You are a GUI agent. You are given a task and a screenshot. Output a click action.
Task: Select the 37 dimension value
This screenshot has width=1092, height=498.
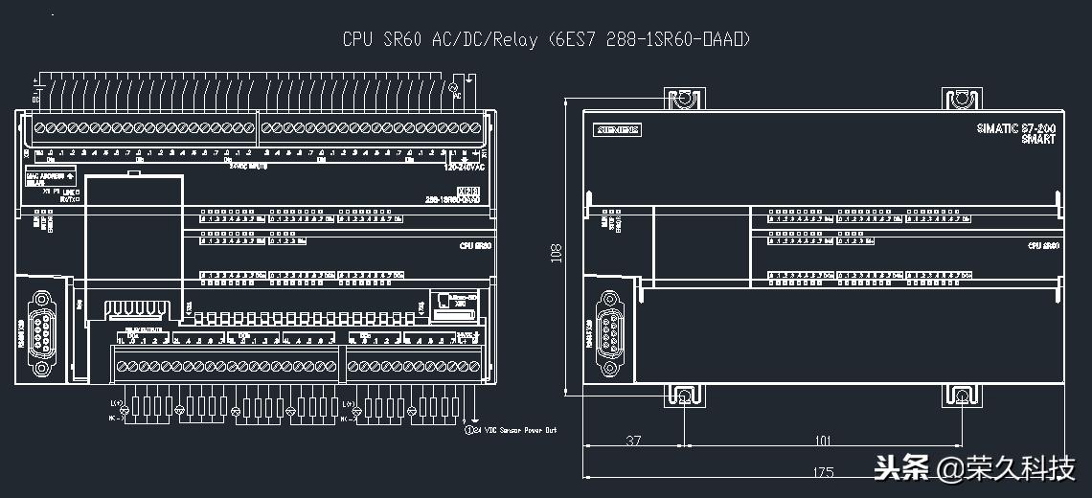(632, 441)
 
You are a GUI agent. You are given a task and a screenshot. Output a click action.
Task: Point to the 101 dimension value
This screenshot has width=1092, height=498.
(822, 441)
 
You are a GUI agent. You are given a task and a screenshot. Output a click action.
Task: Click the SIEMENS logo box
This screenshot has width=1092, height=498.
(619, 130)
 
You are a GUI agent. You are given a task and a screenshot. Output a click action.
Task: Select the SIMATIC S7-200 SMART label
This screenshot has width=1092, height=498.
(1016, 134)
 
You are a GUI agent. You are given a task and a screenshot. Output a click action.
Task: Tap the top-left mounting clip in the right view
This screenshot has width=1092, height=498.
(684, 98)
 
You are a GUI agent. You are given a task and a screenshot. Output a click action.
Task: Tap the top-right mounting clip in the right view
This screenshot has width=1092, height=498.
(961, 98)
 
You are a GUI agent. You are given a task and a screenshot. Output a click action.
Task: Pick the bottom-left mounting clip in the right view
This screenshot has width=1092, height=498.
(684, 396)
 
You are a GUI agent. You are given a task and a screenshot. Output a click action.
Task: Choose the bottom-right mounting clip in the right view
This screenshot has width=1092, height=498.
(961, 396)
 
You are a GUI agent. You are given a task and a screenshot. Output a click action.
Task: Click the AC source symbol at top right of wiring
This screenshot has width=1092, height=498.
(456, 87)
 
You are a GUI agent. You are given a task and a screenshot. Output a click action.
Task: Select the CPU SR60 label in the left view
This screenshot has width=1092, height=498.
(474, 246)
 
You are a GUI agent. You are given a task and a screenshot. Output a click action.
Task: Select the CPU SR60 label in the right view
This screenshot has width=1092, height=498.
(1042, 246)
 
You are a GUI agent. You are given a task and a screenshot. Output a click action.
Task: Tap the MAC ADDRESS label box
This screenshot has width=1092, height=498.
(51, 178)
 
